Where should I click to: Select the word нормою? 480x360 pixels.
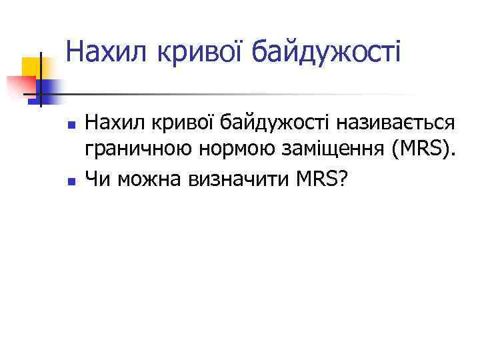(x=226, y=151)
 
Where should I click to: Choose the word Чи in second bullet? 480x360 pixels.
(x=97, y=178)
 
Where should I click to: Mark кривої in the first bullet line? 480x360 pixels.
(x=177, y=123)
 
